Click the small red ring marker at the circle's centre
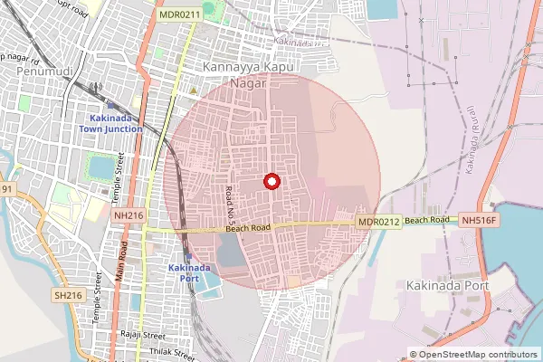(269, 181)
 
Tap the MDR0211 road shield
(177, 14)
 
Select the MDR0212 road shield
(378, 222)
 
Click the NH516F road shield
(480, 220)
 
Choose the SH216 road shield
(68, 295)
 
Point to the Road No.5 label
(229, 206)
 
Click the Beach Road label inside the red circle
(249, 230)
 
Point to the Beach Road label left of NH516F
(427, 221)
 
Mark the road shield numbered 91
(7, 188)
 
